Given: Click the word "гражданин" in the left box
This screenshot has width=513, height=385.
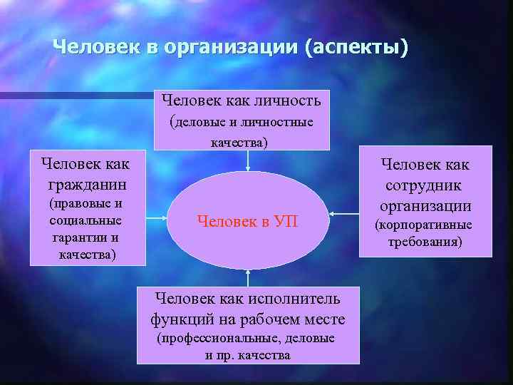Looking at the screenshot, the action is tap(85, 185).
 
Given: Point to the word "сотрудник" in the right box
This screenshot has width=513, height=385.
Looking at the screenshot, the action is tap(424, 185).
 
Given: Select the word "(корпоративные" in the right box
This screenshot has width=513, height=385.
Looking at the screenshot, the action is tap(424, 226).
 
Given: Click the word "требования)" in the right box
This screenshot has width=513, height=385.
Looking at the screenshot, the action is tap(425, 242).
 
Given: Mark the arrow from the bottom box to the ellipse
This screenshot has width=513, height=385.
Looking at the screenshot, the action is tap(247, 277).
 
